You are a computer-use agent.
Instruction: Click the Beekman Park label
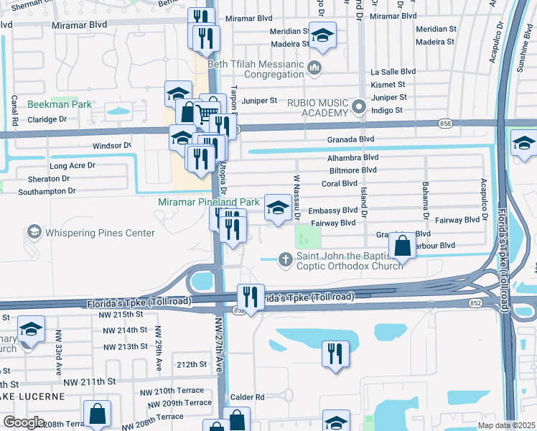pyautogui.click(x=60, y=104)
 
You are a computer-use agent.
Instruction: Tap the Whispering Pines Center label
pyautogui.click(x=100, y=233)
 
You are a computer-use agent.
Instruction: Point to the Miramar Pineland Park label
pyautogui.click(x=208, y=203)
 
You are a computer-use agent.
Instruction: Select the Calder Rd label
pyautogui.click(x=248, y=397)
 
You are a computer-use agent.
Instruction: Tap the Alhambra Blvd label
pyautogui.click(x=352, y=157)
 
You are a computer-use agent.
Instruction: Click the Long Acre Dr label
pyautogui.click(x=73, y=166)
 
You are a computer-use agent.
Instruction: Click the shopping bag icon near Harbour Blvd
pyautogui.click(x=403, y=245)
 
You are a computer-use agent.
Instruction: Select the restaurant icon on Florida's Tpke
pyautogui.click(x=251, y=297)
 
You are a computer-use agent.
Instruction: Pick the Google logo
pyautogui.click(x=24, y=422)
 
